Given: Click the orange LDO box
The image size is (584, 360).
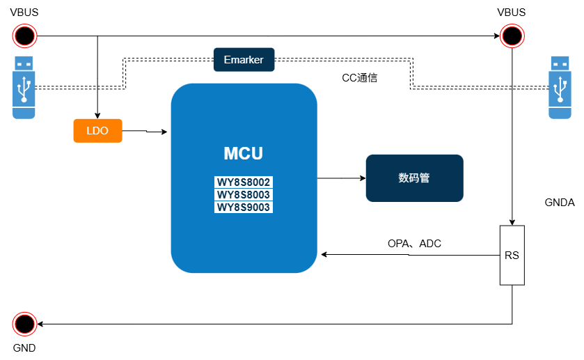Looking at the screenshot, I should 97,131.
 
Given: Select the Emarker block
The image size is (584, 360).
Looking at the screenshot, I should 244,60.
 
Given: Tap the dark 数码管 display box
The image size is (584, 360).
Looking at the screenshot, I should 414,178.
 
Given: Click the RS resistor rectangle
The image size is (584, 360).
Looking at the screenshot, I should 512,256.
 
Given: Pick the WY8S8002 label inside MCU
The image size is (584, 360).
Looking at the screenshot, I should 244,182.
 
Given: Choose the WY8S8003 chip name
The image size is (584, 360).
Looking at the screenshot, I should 244,195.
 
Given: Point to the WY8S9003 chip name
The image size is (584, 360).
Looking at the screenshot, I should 244,208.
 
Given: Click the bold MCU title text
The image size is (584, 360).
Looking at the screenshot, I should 244,153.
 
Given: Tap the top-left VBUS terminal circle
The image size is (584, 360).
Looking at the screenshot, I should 24,35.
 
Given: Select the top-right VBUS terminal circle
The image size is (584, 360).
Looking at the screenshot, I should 512,35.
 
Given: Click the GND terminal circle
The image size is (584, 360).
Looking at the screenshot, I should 24,324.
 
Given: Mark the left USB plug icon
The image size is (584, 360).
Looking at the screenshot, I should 24,87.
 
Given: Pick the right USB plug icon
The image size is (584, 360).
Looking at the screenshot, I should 560,87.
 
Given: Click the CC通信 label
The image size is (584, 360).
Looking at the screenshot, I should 359,78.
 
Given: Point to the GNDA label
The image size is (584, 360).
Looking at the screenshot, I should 560,203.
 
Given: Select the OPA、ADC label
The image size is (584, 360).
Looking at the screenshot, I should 414,244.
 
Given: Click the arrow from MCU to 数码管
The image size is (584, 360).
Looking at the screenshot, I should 341,178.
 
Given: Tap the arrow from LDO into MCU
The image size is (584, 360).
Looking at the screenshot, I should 146,131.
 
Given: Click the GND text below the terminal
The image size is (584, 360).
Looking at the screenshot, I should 24,348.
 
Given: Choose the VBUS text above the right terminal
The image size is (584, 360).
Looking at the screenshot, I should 512,12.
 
